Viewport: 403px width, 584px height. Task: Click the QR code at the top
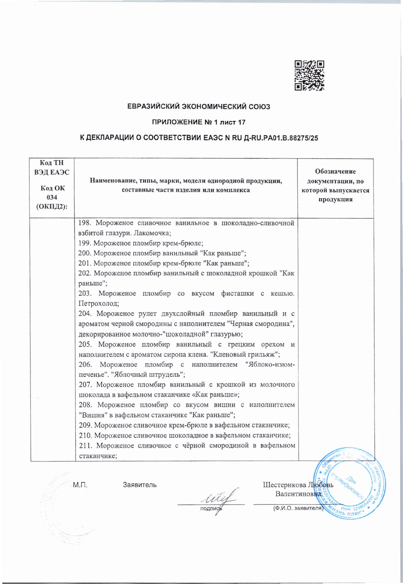[x=309, y=75]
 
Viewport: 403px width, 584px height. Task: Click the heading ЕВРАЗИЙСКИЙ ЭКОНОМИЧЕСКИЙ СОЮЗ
[x=199, y=107]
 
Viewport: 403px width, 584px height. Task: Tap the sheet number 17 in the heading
[x=241, y=122]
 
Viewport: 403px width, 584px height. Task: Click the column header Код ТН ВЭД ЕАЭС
[x=52, y=168]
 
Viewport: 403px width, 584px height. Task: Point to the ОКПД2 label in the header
[x=52, y=207]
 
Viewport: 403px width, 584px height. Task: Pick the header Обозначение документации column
[x=335, y=185]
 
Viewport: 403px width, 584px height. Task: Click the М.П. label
[x=80, y=485]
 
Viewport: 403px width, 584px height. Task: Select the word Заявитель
[x=140, y=485]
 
